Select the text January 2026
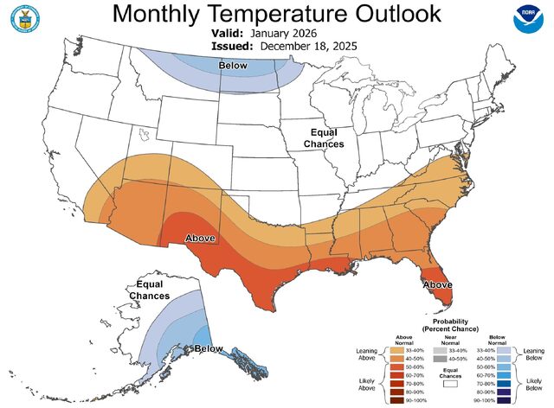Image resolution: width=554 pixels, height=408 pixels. point(287,33)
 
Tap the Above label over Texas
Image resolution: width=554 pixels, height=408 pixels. point(200,237)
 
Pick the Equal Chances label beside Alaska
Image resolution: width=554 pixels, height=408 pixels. point(149,290)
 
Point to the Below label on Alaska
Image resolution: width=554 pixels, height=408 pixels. point(209,348)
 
